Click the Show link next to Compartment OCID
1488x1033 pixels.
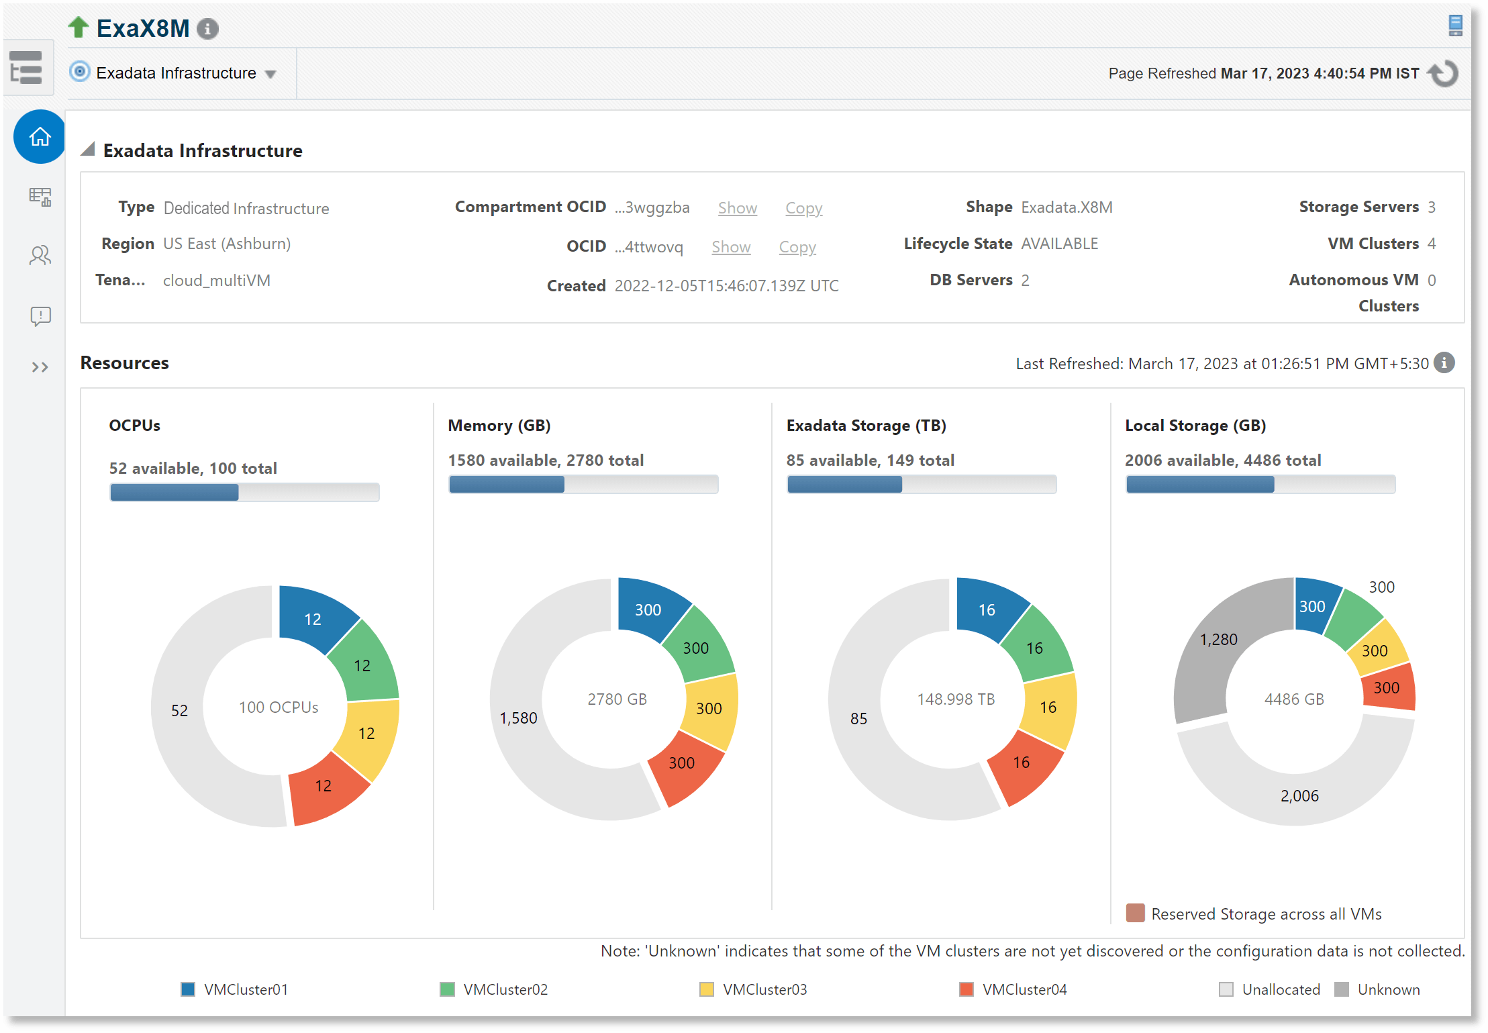pos(737,208)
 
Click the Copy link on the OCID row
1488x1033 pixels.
pos(797,247)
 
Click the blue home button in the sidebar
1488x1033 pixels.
pos(40,137)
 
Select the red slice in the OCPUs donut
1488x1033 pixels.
pos(326,789)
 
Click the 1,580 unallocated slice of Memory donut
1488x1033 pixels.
pos(518,718)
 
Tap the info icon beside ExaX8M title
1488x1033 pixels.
pos(208,29)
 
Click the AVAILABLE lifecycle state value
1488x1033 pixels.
pos(1059,244)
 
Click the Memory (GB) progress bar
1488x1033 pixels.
pos(583,484)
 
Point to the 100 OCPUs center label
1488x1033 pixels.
pos(279,707)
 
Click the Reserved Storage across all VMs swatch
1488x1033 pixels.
pos(1135,913)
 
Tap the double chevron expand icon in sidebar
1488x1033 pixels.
pos(40,367)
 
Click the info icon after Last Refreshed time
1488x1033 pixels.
pos(1444,362)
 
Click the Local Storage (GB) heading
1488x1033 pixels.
pos(1195,426)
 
